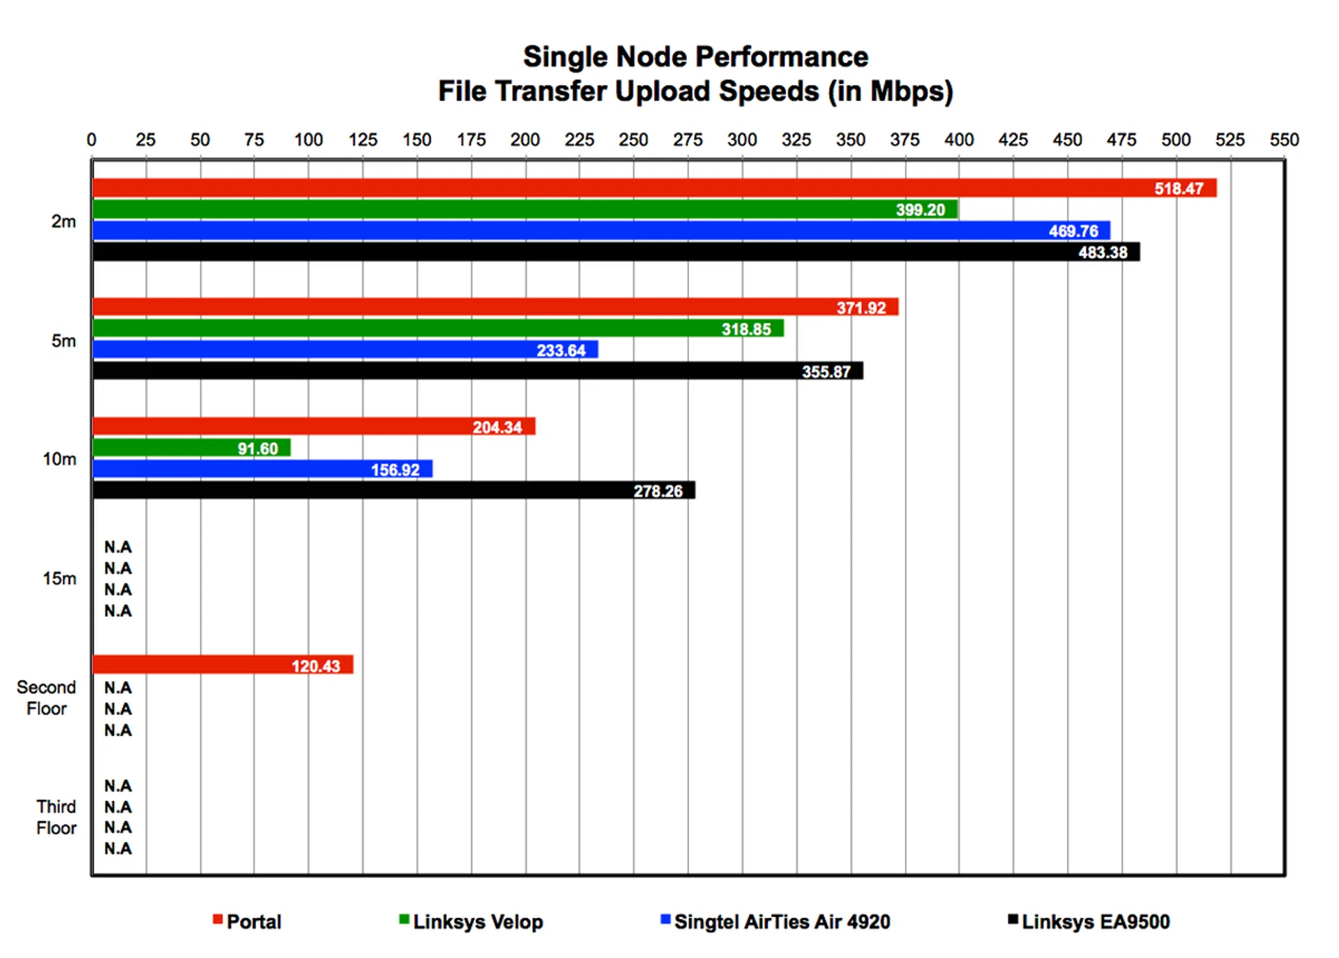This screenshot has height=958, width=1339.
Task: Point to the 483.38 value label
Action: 1103,253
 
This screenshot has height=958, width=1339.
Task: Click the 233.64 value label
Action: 561,350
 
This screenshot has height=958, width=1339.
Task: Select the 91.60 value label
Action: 257,449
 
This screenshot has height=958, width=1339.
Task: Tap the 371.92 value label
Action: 861,308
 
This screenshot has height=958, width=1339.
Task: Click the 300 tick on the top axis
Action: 742,140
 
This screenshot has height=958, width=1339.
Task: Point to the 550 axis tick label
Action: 1284,140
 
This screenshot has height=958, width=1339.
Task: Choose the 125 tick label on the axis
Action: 363,140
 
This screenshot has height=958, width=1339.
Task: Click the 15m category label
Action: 59,578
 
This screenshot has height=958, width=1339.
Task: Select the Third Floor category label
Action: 56,817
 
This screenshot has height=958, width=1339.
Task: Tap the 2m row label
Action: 63,222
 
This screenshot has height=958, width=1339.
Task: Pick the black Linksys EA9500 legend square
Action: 1013,920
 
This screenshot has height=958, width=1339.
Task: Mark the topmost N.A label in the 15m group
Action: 118,547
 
